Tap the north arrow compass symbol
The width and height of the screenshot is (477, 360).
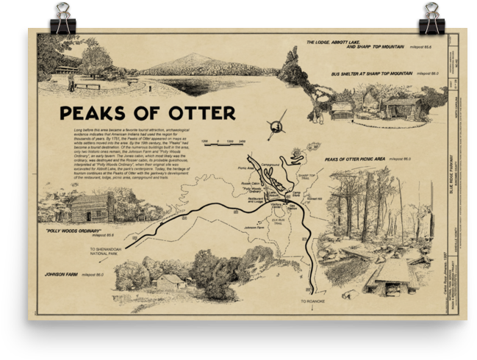277,124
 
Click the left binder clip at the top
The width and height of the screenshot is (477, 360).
62,18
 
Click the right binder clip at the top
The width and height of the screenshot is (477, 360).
431,18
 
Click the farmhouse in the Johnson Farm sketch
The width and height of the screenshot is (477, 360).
171,281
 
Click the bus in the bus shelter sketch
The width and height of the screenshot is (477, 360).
342,110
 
